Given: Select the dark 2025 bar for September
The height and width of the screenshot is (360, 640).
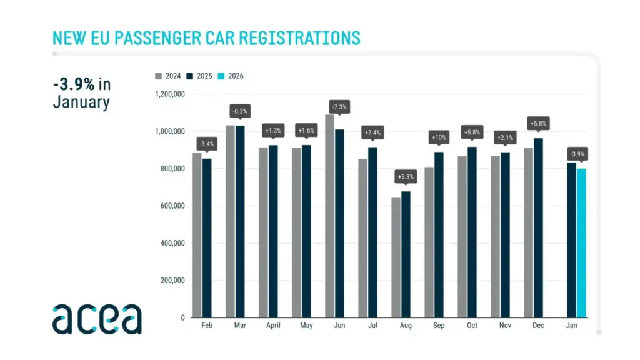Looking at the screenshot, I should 439,234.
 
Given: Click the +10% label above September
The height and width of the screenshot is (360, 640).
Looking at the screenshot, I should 439,137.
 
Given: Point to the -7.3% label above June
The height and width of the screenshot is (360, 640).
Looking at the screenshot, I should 339,107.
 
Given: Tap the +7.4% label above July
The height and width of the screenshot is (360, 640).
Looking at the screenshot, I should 372,132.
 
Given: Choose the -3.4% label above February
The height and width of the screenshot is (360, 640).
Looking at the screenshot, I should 207,143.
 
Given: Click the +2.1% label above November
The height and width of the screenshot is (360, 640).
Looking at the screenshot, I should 505,137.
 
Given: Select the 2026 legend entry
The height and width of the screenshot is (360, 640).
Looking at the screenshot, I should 231,76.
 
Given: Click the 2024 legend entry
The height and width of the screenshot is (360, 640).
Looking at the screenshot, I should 168,76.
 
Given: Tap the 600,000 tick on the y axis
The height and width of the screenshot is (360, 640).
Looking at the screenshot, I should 172,206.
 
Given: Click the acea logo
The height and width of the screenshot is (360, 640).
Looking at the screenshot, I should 97,319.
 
